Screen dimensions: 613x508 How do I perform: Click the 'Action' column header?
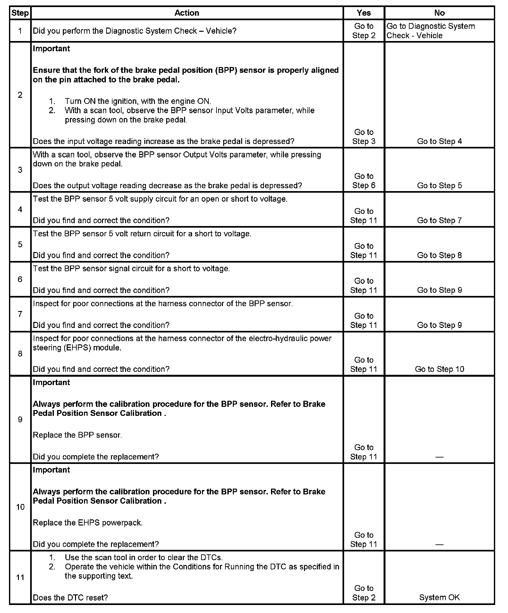[x=187, y=13]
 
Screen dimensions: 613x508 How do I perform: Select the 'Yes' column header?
[x=364, y=13]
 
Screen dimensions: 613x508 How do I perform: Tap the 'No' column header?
[x=439, y=13]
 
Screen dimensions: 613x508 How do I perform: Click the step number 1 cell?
[x=20, y=31]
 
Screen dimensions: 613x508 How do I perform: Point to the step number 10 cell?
[x=20, y=507]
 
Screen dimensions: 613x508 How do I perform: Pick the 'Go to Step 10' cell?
[x=439, y=369]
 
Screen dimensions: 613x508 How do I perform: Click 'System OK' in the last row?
[x=439, y=597]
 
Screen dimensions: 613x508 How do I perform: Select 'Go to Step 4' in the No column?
[x=439, y=141]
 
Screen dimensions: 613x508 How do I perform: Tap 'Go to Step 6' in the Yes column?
[x=364, y=181]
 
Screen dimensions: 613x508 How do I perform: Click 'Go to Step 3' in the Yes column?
[x=364, y=137]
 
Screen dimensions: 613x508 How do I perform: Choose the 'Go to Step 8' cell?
[x=439, y=255]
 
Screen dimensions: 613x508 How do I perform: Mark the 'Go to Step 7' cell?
[x=439, y=220]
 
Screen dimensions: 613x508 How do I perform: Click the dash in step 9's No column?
[x=439, y=457]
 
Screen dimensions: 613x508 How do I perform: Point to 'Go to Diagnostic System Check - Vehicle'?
[x=430, y=31]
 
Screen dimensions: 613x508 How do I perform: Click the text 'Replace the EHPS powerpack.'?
[x=88, y=523]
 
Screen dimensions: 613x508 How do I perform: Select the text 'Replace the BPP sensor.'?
[x=77, y=435]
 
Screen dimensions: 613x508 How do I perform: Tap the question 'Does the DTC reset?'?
[x=70, y=597]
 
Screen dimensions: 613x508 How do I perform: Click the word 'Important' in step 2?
[x=51, y=48]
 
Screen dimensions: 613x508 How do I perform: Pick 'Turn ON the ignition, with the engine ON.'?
[x=138, y=101]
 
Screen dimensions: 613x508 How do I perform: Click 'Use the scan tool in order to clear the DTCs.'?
[x=143, y=557]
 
